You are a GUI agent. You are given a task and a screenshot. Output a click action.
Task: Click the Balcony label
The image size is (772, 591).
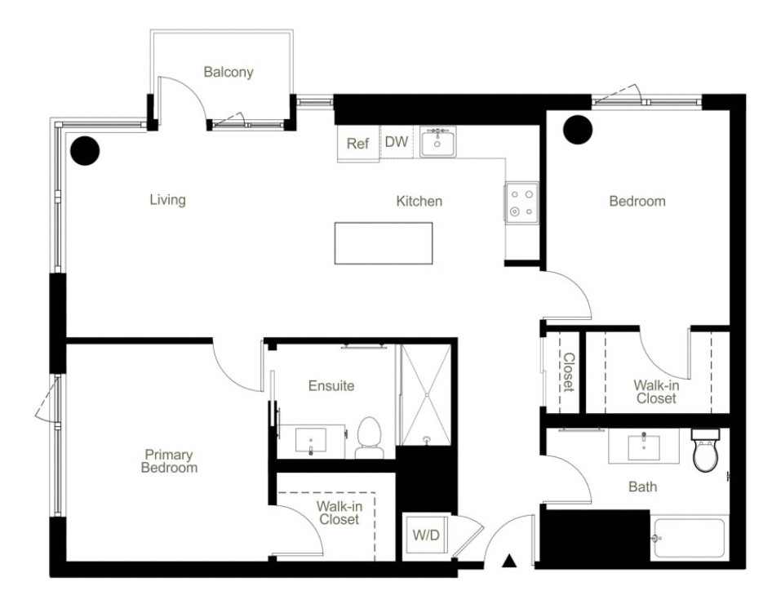pos(228,72)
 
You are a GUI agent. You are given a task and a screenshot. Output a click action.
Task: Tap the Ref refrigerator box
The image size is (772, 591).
pos(358,144)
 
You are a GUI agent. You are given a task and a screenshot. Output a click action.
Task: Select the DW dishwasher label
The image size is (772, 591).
pos(397,142)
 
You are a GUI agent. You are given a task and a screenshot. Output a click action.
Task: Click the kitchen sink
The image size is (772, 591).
pos(437,142)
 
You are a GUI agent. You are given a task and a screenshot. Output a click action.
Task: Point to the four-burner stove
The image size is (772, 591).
pos(521,203)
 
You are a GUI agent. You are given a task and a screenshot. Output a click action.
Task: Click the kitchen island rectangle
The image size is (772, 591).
pos(384,243)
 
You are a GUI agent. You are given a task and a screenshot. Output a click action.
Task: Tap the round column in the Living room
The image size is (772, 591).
pos(85,151)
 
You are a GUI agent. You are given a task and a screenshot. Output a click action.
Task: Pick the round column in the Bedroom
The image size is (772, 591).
pos(578,130)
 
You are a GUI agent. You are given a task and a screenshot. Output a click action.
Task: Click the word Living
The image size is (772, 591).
pos(168,199)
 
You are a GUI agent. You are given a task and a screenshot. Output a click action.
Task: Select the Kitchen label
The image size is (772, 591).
pos(419,201)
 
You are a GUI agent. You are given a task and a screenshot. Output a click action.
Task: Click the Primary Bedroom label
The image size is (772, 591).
pos(169,461)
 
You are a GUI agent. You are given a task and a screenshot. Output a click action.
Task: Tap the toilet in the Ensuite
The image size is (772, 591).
pos(369,438)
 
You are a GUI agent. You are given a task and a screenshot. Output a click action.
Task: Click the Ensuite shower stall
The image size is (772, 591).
pos(426,395)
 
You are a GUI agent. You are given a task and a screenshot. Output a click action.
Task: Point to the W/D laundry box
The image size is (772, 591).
pos(426,535)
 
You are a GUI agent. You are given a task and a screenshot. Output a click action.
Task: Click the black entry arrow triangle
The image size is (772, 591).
pos(510,561)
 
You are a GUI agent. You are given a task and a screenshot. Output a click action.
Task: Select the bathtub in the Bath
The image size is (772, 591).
pos(690,538)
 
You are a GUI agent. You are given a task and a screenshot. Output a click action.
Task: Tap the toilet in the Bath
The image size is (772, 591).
pos(706,450)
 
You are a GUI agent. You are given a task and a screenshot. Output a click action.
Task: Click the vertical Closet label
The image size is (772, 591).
pos(569,372)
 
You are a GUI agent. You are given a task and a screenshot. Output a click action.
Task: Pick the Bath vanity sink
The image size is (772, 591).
pos(644,447)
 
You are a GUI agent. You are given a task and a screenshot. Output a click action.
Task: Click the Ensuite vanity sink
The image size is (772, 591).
pos(310,440)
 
